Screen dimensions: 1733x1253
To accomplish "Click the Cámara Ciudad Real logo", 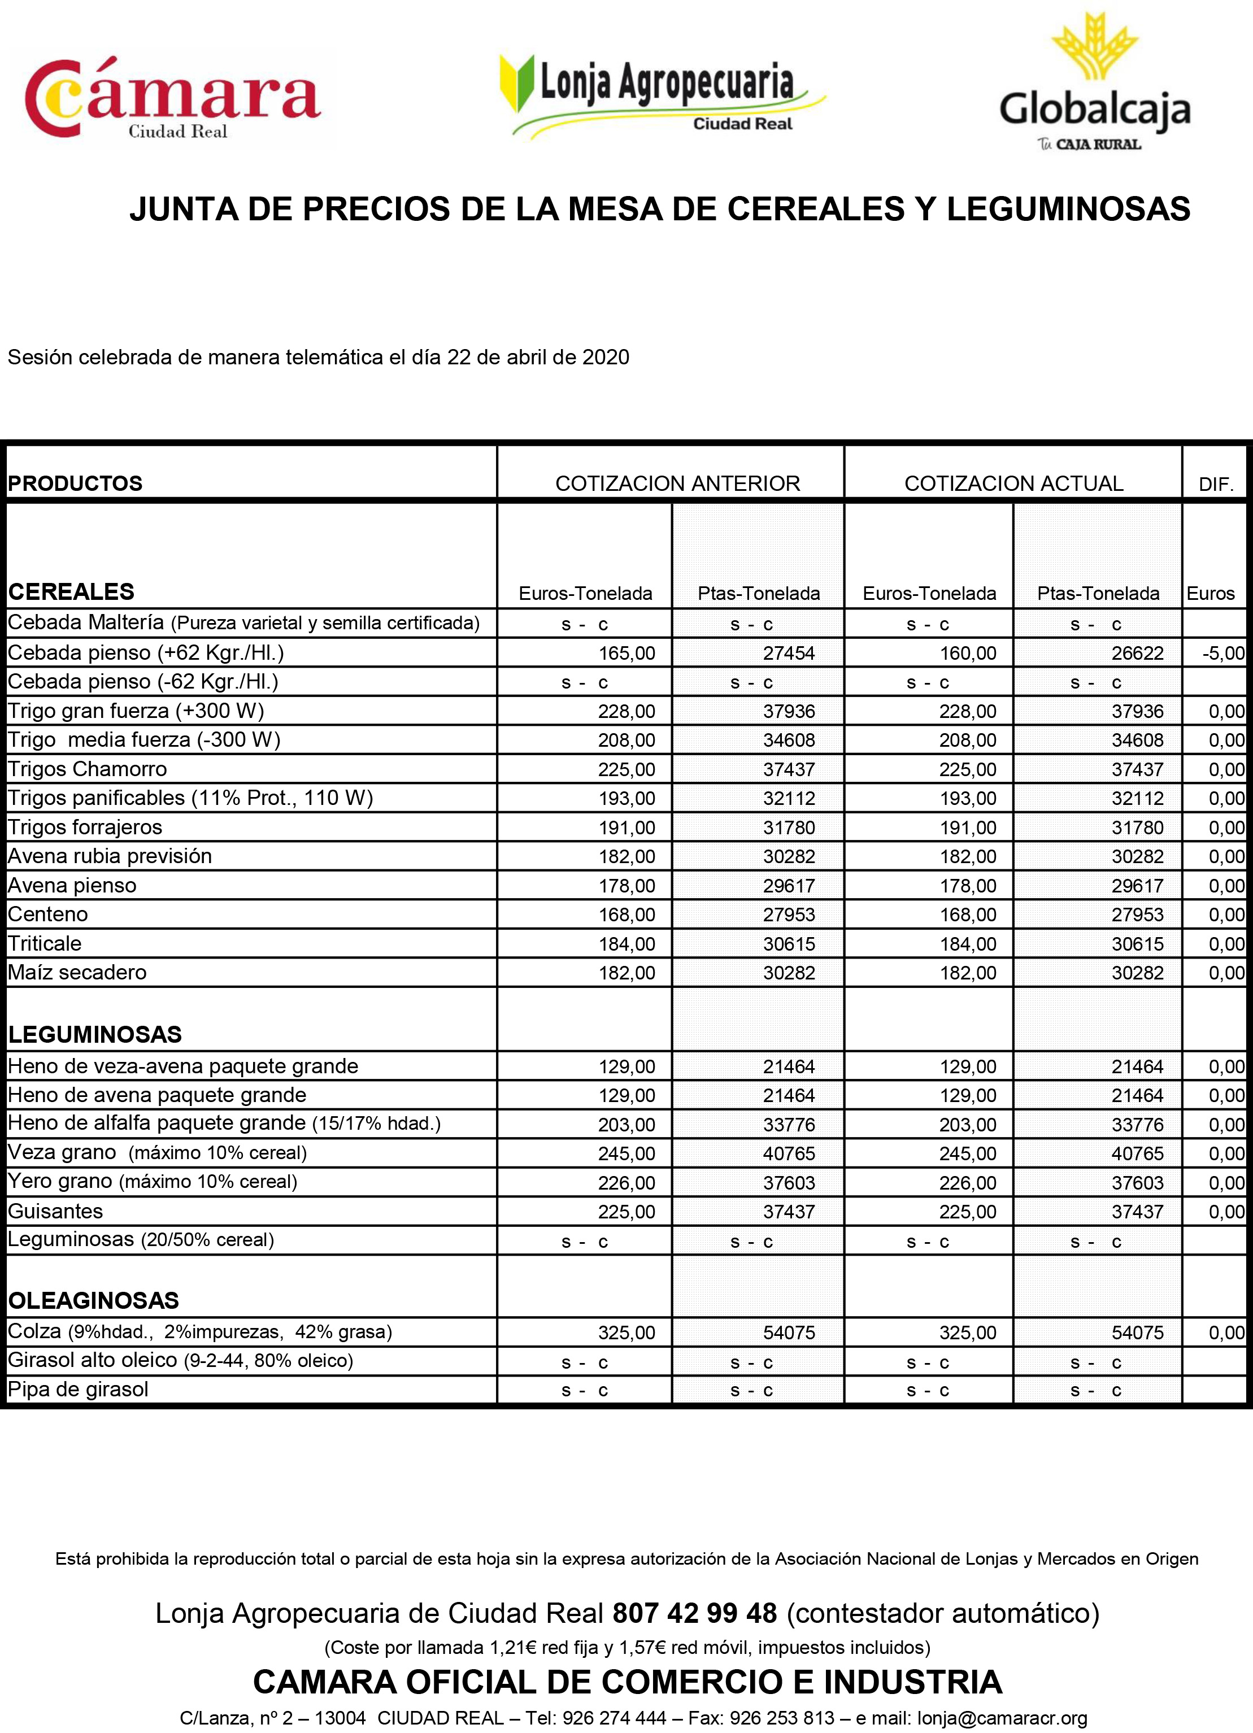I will pyautogui.click(x=173, y=99).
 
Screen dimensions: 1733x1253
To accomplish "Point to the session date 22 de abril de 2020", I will pyautogui.click(x=538, y=357).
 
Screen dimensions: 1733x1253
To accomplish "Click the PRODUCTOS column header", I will pyautogui.click(x=75, y=484).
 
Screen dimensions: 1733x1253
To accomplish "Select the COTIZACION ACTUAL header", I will pyautogui.click(x=1013, y=484).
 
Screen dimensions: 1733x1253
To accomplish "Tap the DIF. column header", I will pyautogui.click(x=1216, y=485).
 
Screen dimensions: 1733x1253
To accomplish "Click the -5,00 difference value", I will pyautogui.click(x=1222, y=654).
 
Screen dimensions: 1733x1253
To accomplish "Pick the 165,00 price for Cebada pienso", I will pyautogui.click(x=626, y=654).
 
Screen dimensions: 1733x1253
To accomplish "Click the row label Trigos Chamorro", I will pyautogui.click(x=87, y=769).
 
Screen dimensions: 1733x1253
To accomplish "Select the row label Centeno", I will pyautogui.click(x=48, y=915).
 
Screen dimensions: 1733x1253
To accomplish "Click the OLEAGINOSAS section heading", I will pyautogui.click(x=94, y=1300).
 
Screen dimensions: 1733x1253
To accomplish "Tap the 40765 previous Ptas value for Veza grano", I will pyautogui.click(x=789, y=1154).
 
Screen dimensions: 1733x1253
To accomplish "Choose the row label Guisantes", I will pyautogui.click(x=55, y=1212).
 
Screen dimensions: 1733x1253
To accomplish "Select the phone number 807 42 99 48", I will pyautogui.click(x=694, y=1614).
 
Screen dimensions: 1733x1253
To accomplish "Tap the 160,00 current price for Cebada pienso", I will pyautogui.click(x=967, y=654).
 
